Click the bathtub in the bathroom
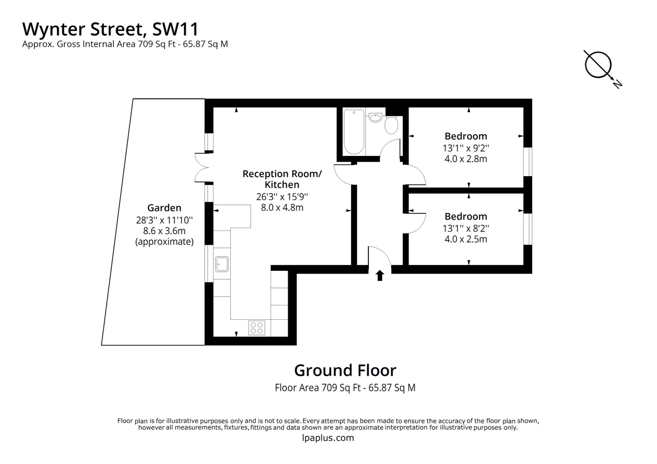click(x=354, y=132)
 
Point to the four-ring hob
click(x=257, y=328)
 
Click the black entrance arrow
click(x=380, y=275)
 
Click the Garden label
click(x=164, y=208)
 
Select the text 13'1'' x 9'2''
click(x=466, y=148)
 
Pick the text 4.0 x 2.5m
click(x=466, y=239)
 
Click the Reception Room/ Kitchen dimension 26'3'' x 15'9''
click(x=282, y=197)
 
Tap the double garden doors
click(x=202, y=167)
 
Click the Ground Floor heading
click(x=345, y=370)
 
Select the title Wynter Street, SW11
click(x=110, y=29)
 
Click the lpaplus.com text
click(x=328, y=438)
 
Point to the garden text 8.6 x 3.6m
click(x=164, y=231)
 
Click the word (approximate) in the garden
click(x=164, y=242)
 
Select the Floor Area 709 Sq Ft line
click(x=345, y=387)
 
